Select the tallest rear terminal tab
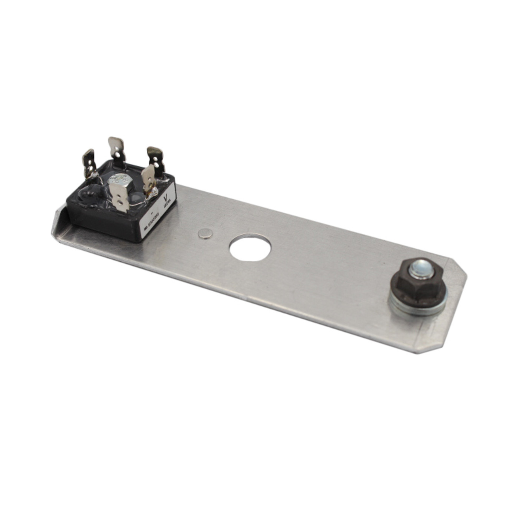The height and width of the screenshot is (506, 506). coord(117,149)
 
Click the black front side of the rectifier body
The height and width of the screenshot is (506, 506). coord(103,225)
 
